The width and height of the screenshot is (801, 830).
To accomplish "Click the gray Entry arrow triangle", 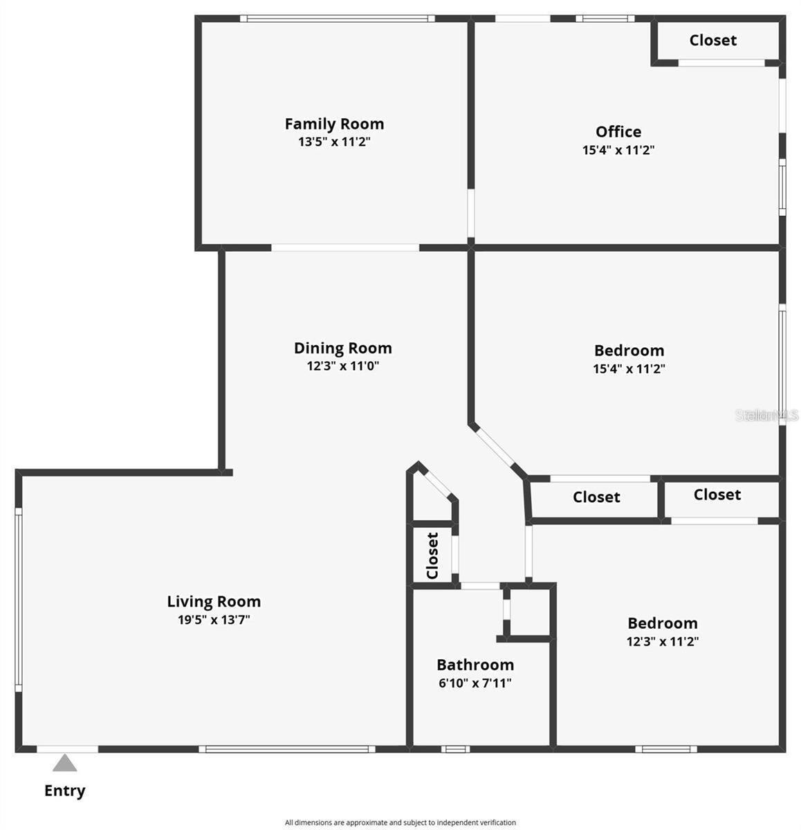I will [65, 764].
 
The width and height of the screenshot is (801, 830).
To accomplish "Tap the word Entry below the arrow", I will [65, 791].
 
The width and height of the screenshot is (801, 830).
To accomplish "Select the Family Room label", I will [334, 124].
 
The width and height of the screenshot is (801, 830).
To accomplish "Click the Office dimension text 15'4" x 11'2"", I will [618, 149].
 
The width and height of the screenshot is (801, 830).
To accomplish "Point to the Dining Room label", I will [343, 348].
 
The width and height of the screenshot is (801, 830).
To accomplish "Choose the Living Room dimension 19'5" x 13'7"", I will [214, 620].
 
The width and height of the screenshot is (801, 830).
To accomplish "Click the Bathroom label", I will [475, 665].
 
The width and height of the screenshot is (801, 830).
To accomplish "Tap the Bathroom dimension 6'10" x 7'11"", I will [475, 683].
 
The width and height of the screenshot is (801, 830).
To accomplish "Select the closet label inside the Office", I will [713, 40].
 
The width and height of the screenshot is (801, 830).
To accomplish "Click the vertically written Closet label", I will [432, 555].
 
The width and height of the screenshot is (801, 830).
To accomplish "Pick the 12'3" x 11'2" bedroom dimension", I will [663, 641].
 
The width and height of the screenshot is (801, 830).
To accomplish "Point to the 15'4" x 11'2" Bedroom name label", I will [629, 350].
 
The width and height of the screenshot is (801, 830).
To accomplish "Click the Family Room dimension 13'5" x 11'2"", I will [334, 142].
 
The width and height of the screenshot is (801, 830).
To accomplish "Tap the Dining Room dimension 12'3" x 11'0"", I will [343, 366].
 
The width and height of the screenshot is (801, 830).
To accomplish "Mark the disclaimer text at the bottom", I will [400, 822].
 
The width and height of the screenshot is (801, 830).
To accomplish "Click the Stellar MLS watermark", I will [766, 415].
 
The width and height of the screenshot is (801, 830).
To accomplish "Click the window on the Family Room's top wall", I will [338, 19].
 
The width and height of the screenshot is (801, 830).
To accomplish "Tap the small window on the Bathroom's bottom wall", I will [455, 748].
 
